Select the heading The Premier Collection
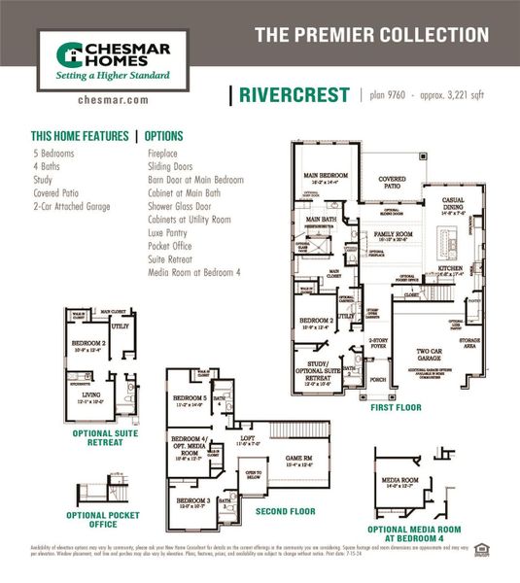[371, 36]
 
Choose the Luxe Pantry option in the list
[171, 234]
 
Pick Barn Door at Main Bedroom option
[195, 180]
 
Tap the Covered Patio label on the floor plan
[392, 181]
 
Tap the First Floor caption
[397, 408]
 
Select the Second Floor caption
[285, 509]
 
